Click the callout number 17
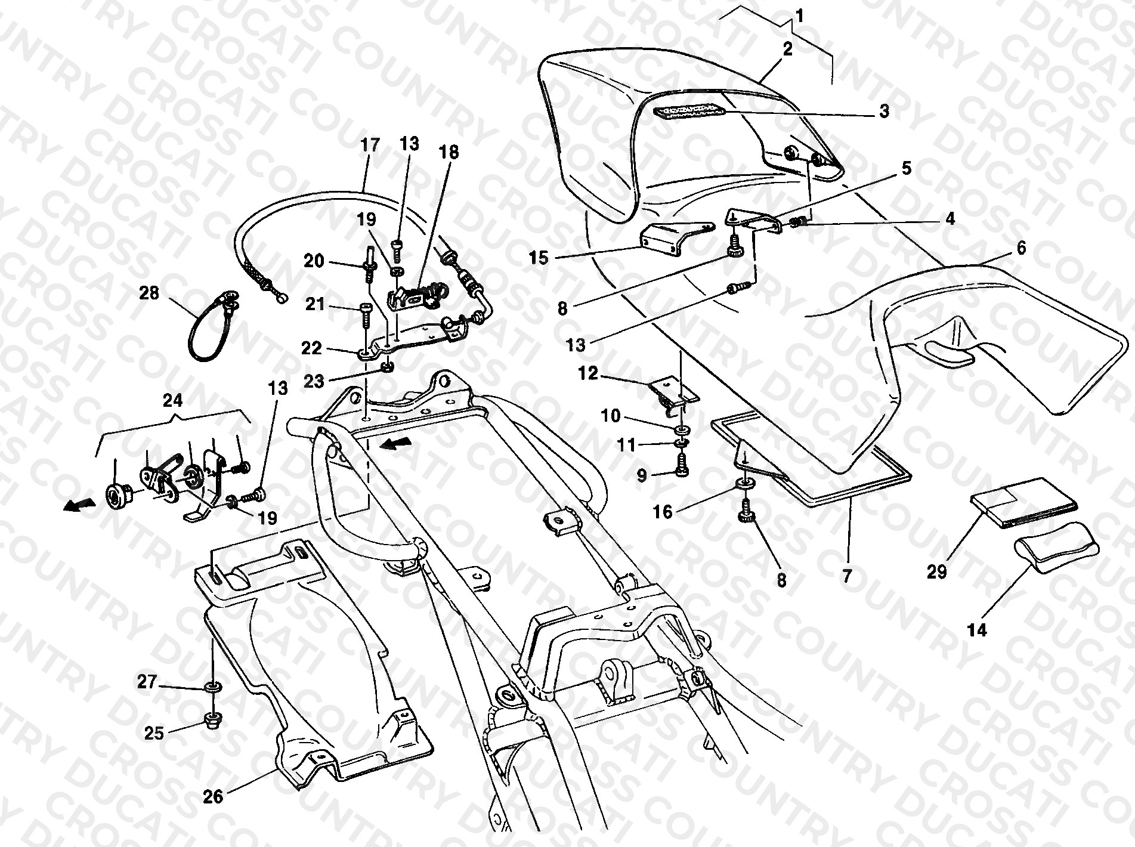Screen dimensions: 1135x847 click(x=370, y=145)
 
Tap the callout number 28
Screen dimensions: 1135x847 click(x=150, y=293)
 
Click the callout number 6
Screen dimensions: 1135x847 click(x=1021, y=248)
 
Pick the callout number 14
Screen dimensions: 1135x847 click(x=978, y=630)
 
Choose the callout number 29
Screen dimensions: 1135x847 click(x=937, y=572)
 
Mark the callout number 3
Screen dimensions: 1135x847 click(x=884, y=111)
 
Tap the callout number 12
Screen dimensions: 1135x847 click(x=588, y=373)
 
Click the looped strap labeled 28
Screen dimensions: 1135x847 click(x=213, y=327)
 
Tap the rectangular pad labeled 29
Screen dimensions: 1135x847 click(x=1024, y=502)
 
